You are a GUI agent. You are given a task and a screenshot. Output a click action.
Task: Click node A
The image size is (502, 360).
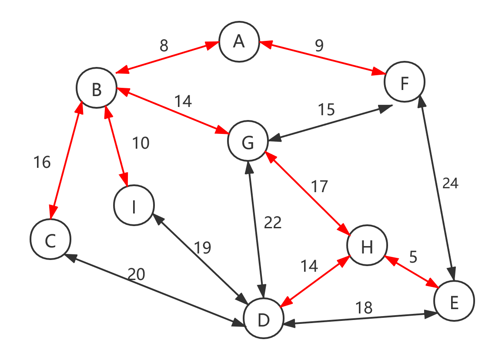coord(239,42)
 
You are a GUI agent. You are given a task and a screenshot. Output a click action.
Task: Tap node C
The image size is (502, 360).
coord(50,240)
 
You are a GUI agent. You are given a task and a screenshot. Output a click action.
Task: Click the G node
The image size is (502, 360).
coord(248,141)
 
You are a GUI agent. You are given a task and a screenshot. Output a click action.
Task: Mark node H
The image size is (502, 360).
coord(367,246)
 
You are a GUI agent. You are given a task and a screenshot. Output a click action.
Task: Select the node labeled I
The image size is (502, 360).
coord(134,206)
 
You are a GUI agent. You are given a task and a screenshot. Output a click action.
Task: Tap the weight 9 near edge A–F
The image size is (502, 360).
coord(319,46)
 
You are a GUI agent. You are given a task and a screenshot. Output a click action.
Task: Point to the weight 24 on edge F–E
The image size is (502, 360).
coord(450,183)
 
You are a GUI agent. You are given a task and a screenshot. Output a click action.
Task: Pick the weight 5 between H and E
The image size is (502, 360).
coord(413,257)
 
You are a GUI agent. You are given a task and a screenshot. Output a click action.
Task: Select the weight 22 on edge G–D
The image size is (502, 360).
coord(273,223)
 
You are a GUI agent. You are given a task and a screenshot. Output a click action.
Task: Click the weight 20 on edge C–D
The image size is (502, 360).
coord(136,274)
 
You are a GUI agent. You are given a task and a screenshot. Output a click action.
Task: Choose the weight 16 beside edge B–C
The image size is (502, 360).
coord(42,162)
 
